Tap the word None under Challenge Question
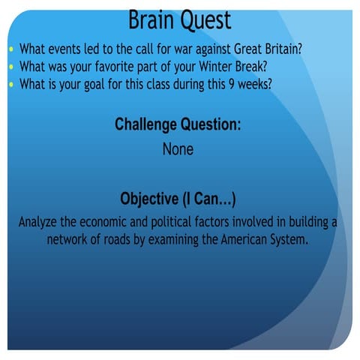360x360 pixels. click(x=178, y=149)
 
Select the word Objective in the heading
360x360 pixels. click(x=148, y=199)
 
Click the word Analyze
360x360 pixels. click(x=40, y=223)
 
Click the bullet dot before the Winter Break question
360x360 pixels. click(x=10, y=67)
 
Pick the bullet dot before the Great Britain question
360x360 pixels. click(x=10, y=50)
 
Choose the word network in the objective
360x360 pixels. click(x=70, y=240)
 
